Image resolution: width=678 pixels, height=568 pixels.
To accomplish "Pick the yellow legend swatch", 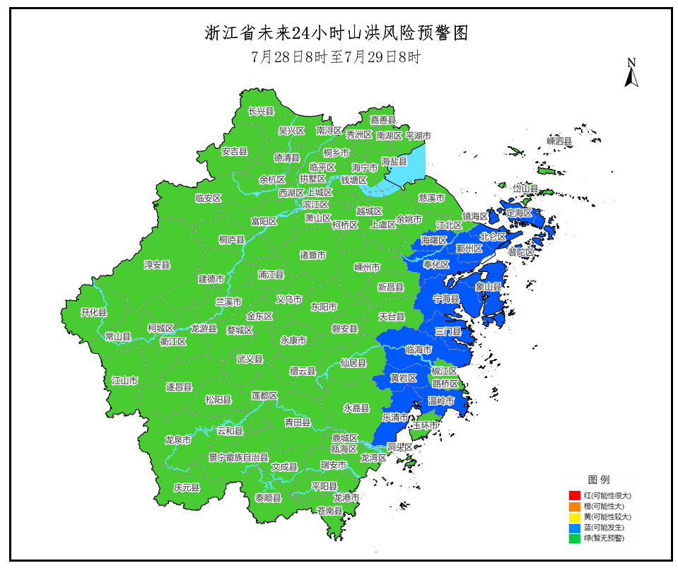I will [x=575, y=516].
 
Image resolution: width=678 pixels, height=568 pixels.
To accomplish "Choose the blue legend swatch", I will [x=575, y=527].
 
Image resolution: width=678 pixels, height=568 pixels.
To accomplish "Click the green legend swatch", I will [x=575, y=538].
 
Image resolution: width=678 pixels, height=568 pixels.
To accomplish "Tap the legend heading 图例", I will [x=598, y=479].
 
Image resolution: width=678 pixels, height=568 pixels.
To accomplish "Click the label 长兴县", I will [x=260, y=111].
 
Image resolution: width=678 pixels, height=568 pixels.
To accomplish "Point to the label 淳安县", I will [x=157, y=265].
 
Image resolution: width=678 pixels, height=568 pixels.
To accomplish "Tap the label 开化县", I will [x=93, y=312].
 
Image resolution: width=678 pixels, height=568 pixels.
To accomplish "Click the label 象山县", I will [x=488, y=287].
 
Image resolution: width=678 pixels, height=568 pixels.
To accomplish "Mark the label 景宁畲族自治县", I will [x=238, y=457].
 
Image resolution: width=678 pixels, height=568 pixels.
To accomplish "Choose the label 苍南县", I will [x=329, y=510].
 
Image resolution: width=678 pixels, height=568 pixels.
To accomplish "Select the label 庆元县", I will [x=187, y=487].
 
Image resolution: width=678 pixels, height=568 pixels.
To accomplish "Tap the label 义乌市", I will [x=288, y=299].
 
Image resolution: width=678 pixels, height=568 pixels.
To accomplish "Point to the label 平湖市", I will [x=418, y=136].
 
